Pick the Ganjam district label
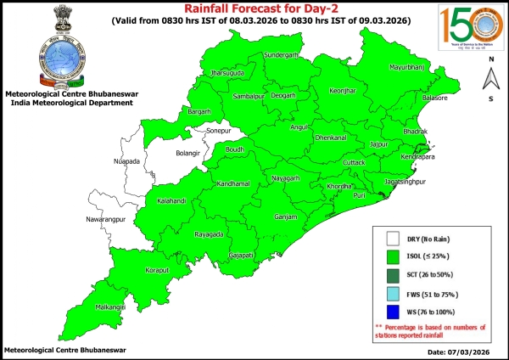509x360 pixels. click(x=285, y=217)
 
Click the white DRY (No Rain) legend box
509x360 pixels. click(x=393, y=239)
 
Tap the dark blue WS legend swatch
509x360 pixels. click(x=393, y=312)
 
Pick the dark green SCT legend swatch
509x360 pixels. click(x=393, y=274)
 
